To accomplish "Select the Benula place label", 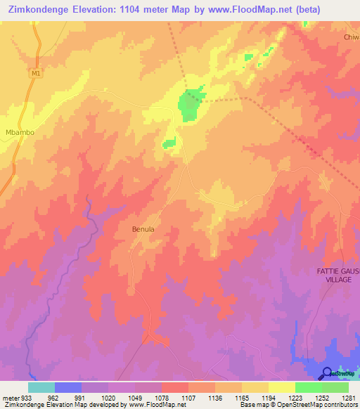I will [x=143, y=229].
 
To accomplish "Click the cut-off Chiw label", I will [x=351, y=37].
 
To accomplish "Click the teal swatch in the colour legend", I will [x=41, y=387].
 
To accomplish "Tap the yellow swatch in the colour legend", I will [x=282, y=387].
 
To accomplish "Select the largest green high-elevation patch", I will [x=191, y=105].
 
